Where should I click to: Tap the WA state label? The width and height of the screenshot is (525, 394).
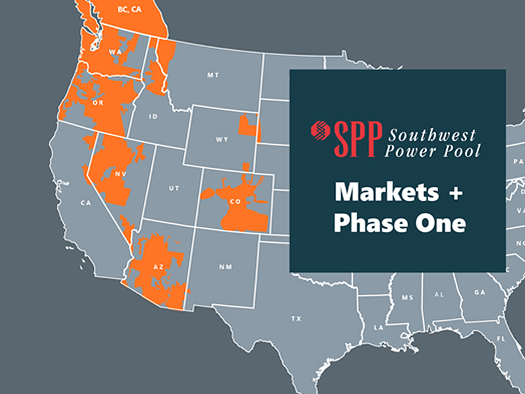116,51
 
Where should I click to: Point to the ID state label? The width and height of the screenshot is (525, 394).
153,117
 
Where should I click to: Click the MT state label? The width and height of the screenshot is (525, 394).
212,75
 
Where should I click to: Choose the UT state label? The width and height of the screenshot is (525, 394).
173,189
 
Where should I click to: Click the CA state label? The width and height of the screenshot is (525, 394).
83,203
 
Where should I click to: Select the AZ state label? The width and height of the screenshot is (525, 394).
160,267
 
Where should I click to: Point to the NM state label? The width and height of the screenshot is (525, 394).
226,267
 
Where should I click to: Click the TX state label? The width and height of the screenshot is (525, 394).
296,318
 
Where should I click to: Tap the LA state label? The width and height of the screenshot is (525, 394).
379,328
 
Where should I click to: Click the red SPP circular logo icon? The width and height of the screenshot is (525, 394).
319,131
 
